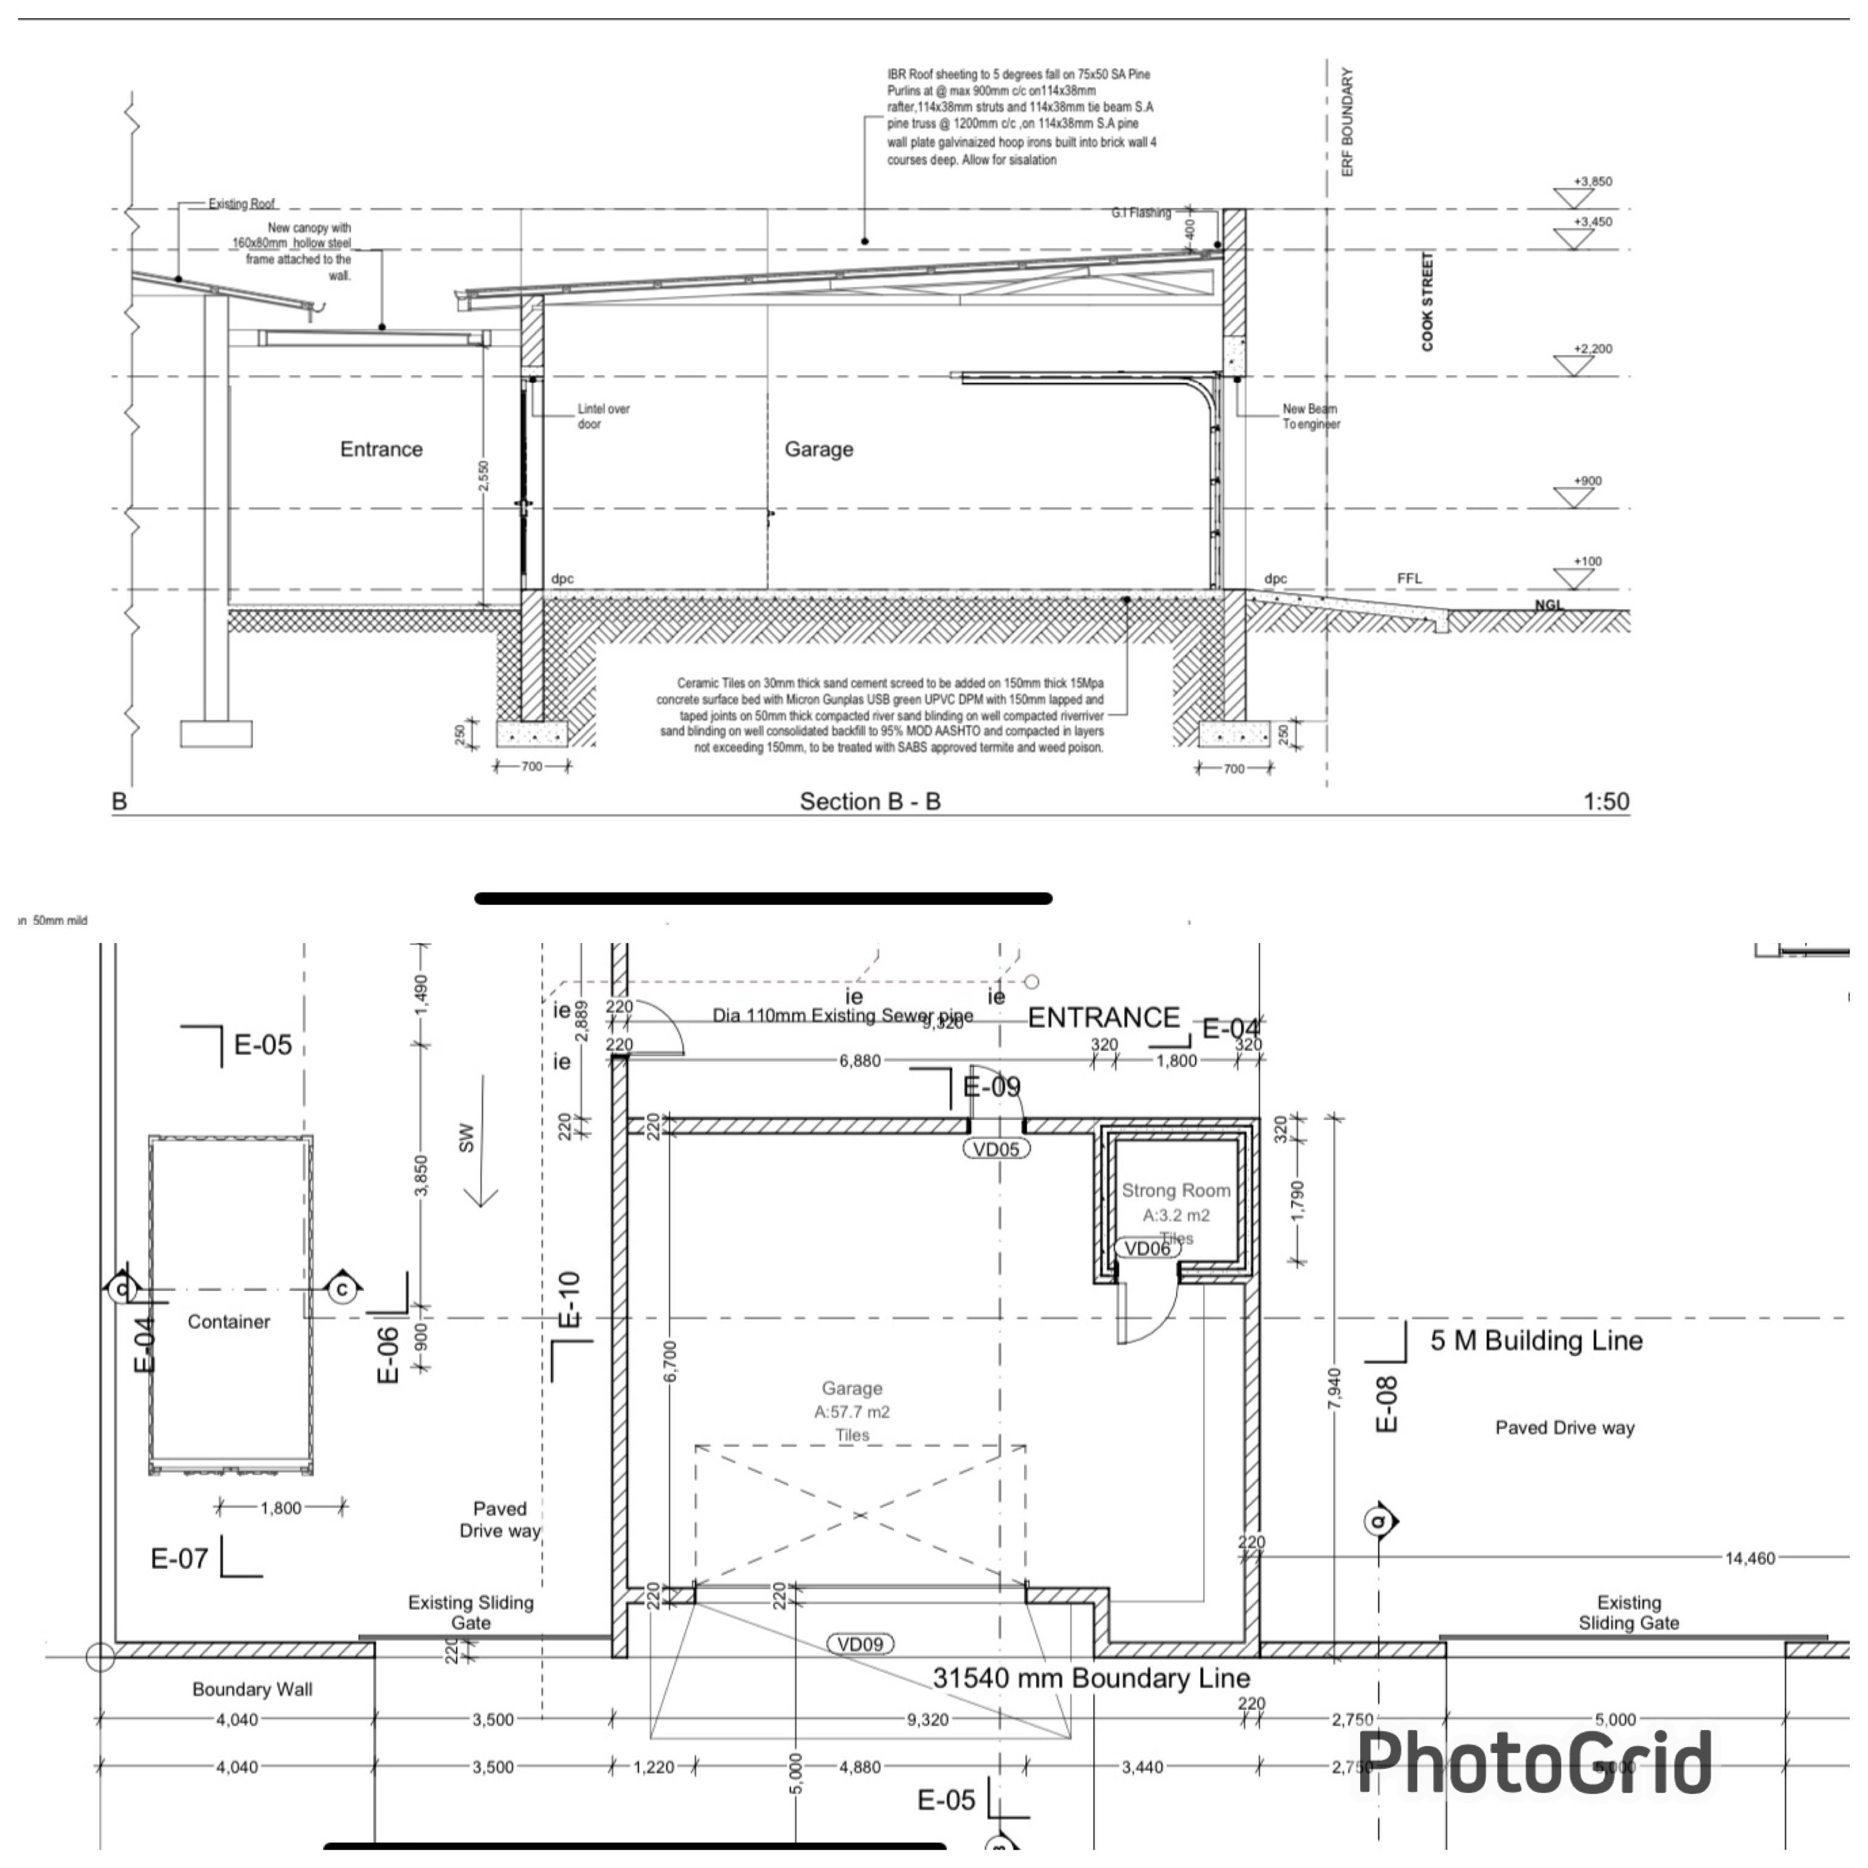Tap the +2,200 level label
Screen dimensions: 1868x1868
click(1593, 349)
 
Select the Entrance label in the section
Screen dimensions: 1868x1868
click(381, 449)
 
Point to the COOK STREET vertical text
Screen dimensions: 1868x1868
click(1427, 302)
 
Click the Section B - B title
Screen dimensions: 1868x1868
click(869, 801)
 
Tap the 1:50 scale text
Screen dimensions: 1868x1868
click(1605, 801)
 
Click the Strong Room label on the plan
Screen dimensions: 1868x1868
click(1176, 1190)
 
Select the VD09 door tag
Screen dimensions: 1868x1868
click(860, 1644)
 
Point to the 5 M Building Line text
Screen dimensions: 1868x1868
click(1537, 1341)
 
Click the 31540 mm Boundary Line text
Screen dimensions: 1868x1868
click(1091, 1678)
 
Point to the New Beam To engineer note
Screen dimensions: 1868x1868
click(1310, 417)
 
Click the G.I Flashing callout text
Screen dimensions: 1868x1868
click(1141, 213)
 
